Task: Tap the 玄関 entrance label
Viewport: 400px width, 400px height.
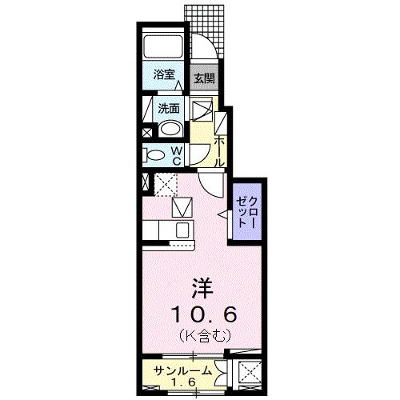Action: (x=203, y=78)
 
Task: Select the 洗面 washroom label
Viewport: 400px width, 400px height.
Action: (x=167, y=108)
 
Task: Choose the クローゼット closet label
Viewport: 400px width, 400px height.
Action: (x=244, y=211)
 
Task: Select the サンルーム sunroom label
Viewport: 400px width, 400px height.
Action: (x=183, y=370)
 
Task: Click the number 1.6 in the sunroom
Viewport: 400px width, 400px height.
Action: (x=183, y=382)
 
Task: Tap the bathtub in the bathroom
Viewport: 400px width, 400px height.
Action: (x=164, y=47)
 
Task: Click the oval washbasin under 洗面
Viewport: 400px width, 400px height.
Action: (x=170, y=130)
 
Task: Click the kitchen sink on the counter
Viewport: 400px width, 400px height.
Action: (x=182, y=230)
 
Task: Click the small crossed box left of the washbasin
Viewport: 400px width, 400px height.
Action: (x=147, y=132)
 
